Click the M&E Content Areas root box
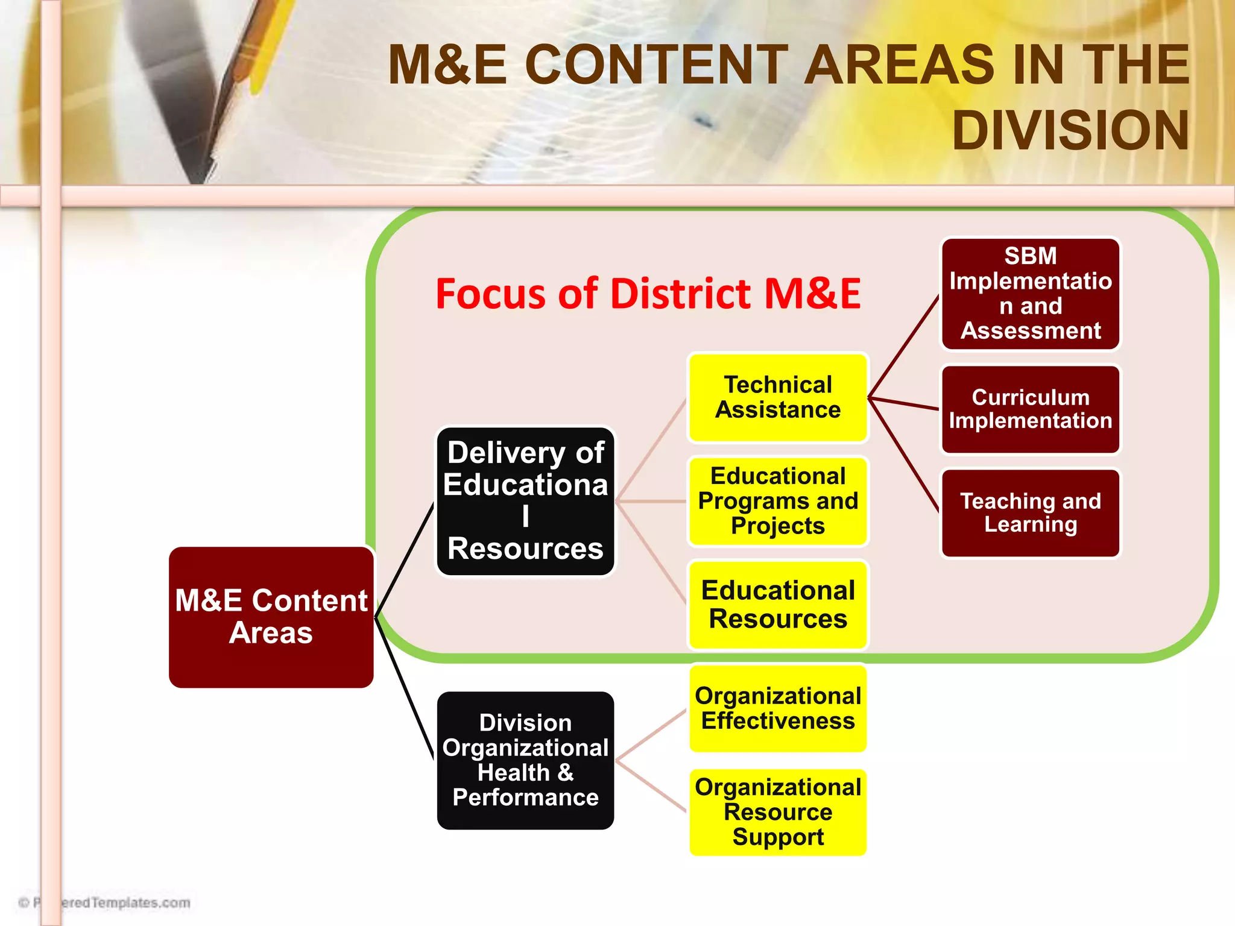(x=271, y=617)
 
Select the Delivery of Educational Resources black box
(x=525, y=501)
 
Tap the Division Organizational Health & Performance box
(x=525, y=760)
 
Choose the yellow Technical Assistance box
(x=778, y=397)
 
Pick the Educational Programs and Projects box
(x=778, y=501)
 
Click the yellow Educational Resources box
(x=778, y=605)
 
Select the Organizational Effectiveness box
(x=778, y=708)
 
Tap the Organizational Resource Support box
(x=778, y=812)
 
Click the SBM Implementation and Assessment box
(x=1031, y=294)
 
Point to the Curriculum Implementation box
(x=1031, y=409)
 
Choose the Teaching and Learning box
(x=1031, y=513)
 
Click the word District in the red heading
(x=681, y=295)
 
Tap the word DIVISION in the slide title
(x=1070, y=131)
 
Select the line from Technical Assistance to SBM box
(x=903, y=347)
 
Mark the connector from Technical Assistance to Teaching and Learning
(x=903, y=455)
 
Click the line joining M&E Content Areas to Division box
(x=405, y=687)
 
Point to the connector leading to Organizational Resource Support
(x=651, y=786)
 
